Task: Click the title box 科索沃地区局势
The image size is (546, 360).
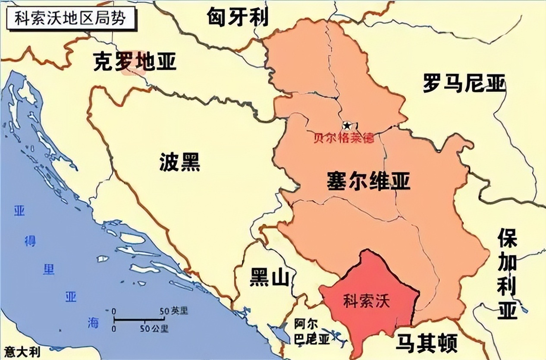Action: pyautogui.click(x=70, y=18)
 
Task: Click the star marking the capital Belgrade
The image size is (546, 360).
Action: pyautogui.click(x=347, y=126)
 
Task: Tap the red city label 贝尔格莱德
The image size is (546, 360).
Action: pyautogui.click(x=344, y=139)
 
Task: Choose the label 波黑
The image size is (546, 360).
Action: pyautogui.click(x=180, y=163)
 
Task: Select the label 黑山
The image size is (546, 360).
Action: pyautogui.click(x=270, y=278)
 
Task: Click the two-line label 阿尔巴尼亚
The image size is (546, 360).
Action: pyautogui.click(x=312, y=332)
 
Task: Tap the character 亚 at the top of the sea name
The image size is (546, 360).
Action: pyautogui.click(x=20, y=212)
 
